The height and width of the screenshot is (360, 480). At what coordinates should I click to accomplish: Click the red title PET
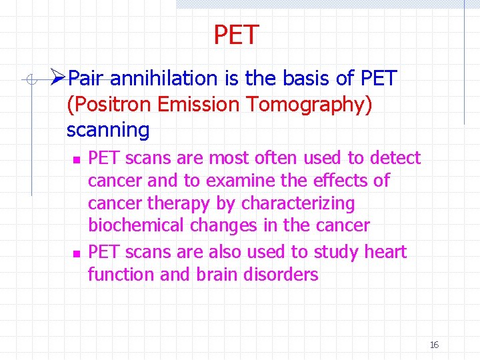pyautogui.click(x=236, y=35)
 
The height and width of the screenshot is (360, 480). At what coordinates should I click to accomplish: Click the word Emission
pyautogui.click(x=195, y=104)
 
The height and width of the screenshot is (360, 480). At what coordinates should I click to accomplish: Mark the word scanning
pyautogui.click(x=108, y=129)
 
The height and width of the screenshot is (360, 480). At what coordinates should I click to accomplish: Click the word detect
pyautogui.click(x=395, y=158)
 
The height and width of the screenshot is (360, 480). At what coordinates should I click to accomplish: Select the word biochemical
pyautogui.click(x=137, y=225)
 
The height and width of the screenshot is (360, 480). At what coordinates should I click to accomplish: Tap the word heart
pyautogui.click(x=385, y=252)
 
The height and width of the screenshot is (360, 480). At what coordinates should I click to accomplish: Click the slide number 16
pyautogui.click(x=434, y=345)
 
